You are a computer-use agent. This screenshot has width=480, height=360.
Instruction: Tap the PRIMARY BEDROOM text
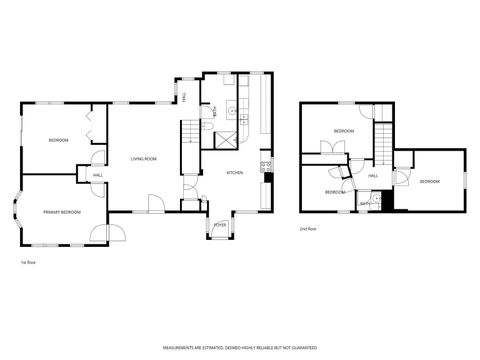[62, 212]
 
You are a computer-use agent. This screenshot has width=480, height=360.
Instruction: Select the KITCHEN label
[234, 173]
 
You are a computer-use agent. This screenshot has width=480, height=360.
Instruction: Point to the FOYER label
[219, 226]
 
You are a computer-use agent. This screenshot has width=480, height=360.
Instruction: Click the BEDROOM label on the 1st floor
[58, 140]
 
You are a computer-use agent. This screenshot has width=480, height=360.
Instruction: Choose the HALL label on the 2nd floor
[372, 176]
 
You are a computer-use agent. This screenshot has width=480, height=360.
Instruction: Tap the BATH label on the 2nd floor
[364, 204]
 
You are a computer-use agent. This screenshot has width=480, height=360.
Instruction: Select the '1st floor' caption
[29, 262]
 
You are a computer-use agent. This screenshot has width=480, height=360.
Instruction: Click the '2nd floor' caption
[309, 229]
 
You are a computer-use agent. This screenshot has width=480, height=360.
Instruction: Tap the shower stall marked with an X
[228, 140]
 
